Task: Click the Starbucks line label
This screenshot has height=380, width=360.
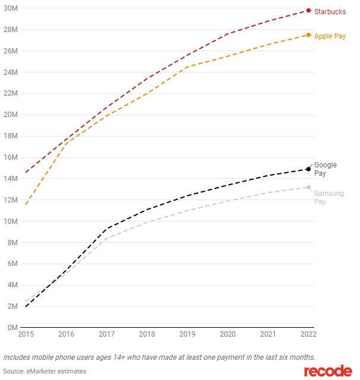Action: coord(330,12)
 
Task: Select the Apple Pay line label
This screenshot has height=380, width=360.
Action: coord(331,36)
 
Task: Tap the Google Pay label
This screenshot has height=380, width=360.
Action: coord(325,169)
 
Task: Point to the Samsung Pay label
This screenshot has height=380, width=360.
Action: coord(329,198)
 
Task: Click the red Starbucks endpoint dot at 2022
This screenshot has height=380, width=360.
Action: coord(308,10)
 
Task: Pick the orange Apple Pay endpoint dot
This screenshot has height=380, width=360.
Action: coord(308,35)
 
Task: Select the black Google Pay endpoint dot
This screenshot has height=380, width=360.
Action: coord(308,169)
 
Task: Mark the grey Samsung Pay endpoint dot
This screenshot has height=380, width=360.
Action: coord(308,188)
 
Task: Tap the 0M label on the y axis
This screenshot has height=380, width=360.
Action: coord(10,328)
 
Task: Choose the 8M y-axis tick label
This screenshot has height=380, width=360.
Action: coord(10,242)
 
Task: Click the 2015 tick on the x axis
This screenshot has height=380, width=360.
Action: coord(26,335)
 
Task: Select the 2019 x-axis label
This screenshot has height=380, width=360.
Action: coord(187,335)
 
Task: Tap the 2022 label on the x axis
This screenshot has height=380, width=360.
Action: coord(308,335)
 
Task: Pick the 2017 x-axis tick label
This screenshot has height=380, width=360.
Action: coord(106,335)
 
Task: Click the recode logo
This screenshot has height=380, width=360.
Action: coord(327,371)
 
